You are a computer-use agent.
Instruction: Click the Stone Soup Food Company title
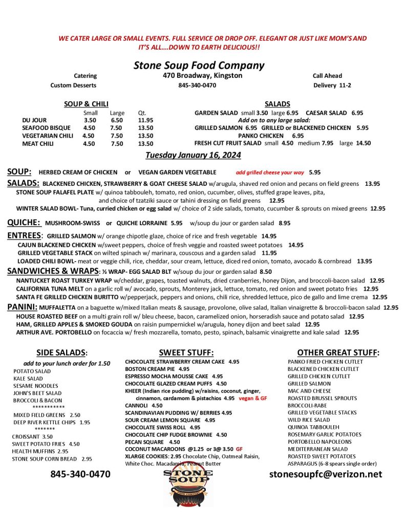(199, 65)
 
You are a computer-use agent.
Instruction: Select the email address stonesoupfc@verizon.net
(326, 474)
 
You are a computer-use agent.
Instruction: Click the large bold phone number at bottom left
(80, 474)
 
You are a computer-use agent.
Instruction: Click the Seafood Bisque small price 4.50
(89, 128)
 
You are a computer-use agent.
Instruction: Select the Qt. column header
(142, 113)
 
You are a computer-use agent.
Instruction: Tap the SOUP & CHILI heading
(86, 104)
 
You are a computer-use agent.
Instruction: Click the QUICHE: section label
(24, 223)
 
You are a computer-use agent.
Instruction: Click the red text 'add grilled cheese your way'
(269, 173)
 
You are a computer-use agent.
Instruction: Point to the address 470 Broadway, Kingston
(199, 76)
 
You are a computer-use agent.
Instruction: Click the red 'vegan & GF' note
(253, 398)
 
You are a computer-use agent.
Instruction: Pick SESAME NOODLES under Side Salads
(36, 386)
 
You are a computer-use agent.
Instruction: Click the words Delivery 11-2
(332, 85)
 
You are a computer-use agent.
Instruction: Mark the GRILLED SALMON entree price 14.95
(269, 236)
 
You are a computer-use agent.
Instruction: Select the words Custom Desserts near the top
(73, 85)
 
